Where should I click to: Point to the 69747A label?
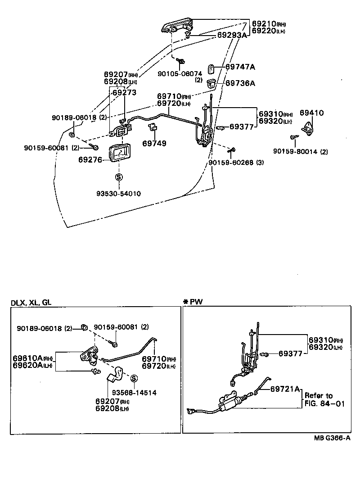tap(240, 67)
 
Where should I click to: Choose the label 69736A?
tap(240, 83)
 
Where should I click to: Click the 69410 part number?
tap(311, 113)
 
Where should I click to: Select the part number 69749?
tap(154, 144)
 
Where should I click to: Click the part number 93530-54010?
tap(118, 194)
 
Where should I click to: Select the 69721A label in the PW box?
tap(285, 389)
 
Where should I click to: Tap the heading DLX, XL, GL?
tap(31, 303)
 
